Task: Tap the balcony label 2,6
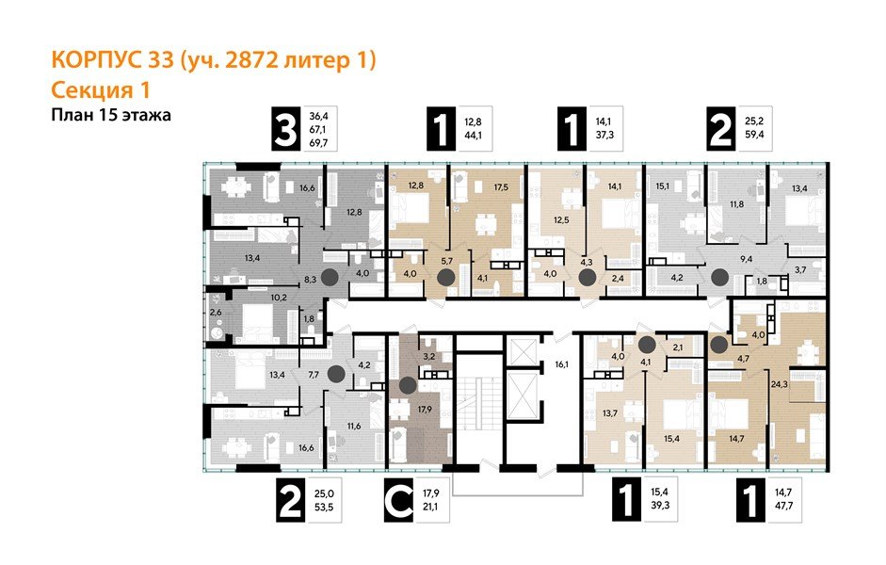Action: click(x=216, y=312)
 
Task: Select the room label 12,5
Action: click(x=562, y=219)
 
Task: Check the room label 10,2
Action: click(x=279, y=299)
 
